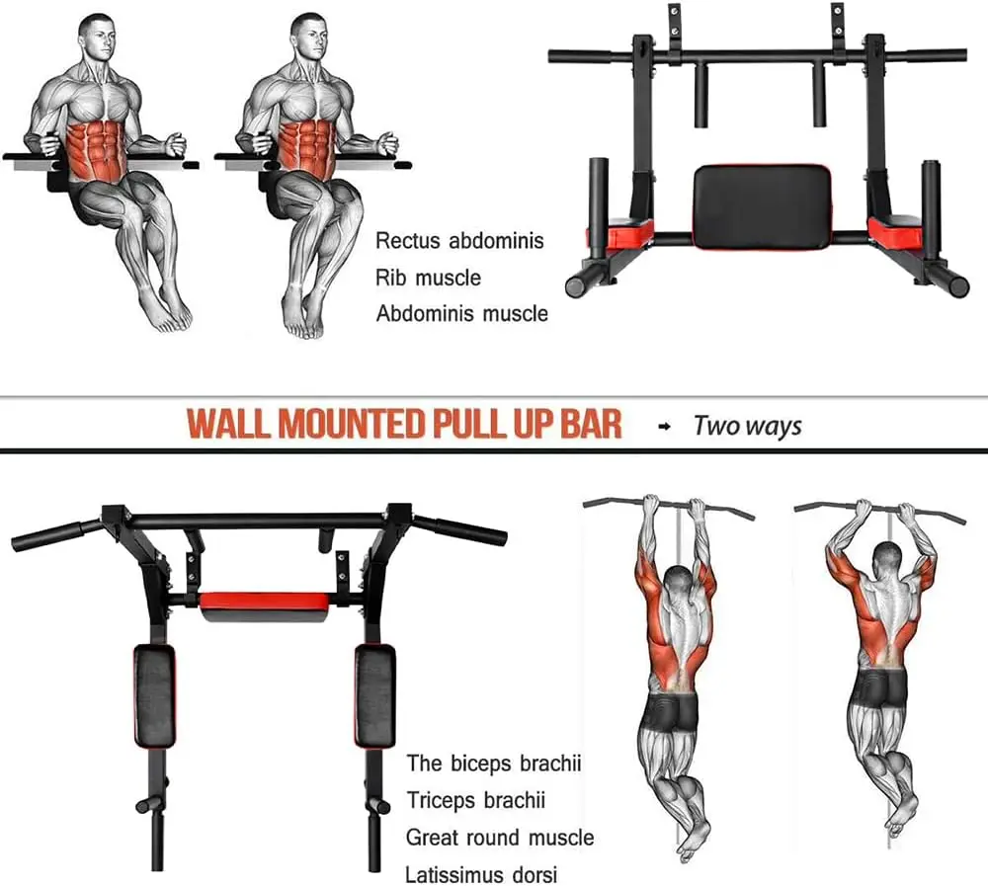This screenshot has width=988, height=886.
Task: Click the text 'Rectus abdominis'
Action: pyautogui.click(x=459, y=241)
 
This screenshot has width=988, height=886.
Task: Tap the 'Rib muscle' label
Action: pyautogui.click(x=428, y=278)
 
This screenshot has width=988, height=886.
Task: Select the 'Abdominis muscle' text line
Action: pyautogui.click(x=461, y=314)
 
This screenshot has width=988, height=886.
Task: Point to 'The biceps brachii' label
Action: pyautogui.click(x=494, y=764)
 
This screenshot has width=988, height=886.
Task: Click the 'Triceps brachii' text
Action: pyautogui.click(x=475, y=801)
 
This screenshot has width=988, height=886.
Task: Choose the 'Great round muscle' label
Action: pyautogui.click(x=500, y=839)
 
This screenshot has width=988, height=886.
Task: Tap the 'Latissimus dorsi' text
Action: pyautogui.click(x=481, y=875)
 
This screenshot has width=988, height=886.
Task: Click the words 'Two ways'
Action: pyautogui.click(x=747, y=426)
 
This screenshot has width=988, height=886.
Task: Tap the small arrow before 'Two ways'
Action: pyautogui.click(x=664, y=427)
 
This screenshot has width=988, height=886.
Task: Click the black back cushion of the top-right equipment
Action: pyautogui.click(x=760, y=204)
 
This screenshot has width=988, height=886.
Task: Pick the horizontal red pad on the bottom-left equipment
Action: pyautogui.click(x=264, y=602)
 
